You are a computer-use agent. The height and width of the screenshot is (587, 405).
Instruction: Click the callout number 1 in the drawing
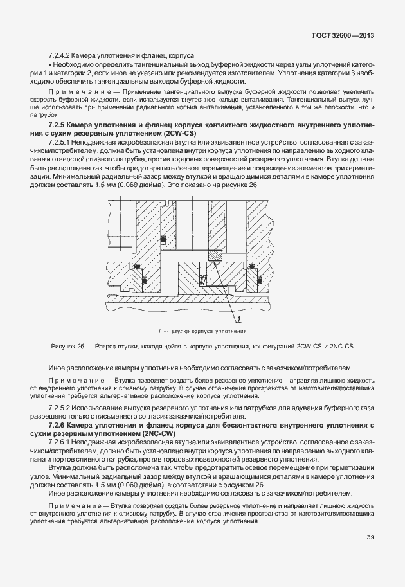[239, 319]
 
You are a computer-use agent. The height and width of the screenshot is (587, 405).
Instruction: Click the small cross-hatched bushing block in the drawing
[214, 256]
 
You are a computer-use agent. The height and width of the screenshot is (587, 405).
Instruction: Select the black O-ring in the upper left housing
[163, 240]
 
